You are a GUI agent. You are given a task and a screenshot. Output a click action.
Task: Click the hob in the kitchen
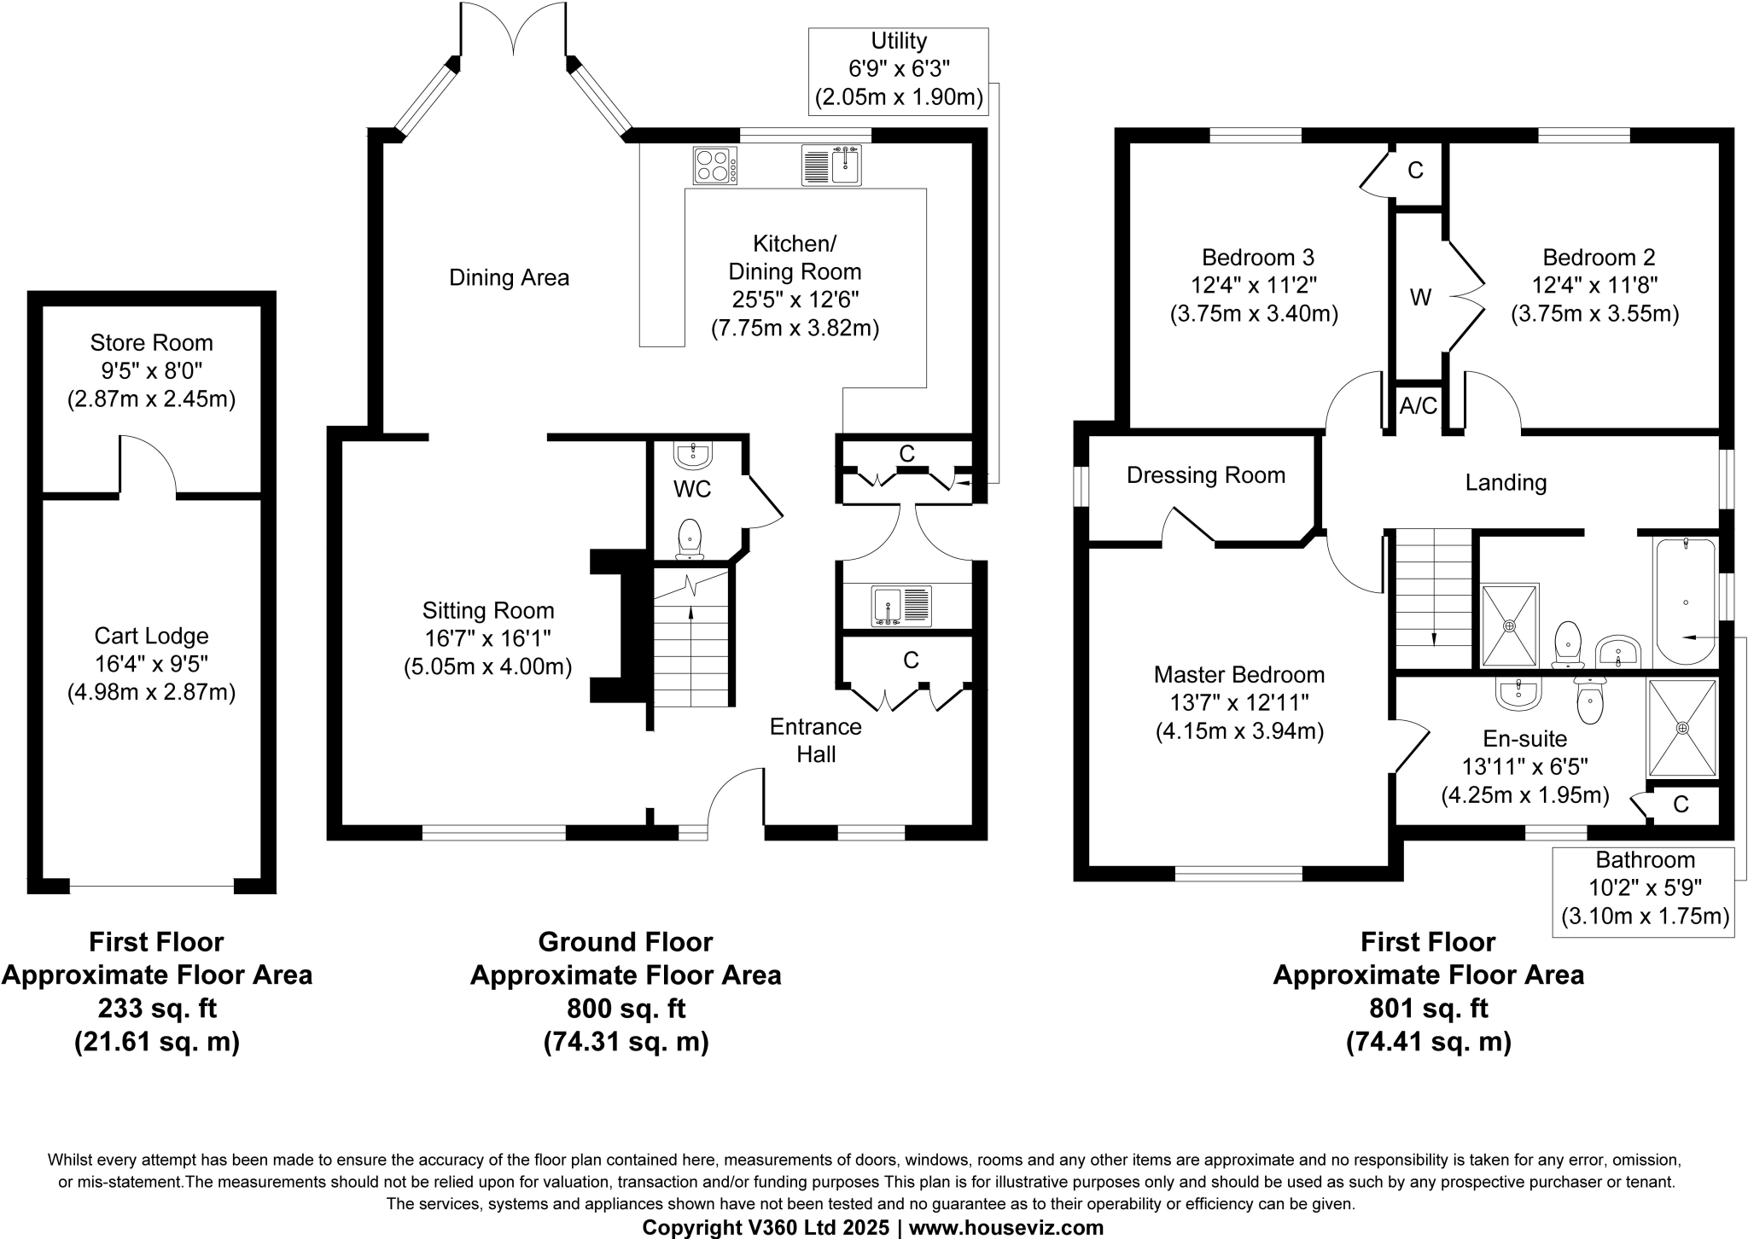[x=715, y=166]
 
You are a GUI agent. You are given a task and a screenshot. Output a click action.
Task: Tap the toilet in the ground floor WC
[x=690, y=540]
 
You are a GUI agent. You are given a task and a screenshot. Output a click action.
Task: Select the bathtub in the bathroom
[x=1685, y=602]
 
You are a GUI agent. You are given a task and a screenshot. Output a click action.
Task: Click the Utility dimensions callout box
[x=898, y=70]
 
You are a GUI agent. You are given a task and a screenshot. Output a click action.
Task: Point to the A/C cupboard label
[x=1418, y=406]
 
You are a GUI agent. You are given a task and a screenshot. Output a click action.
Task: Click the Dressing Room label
[x=1205, y=475]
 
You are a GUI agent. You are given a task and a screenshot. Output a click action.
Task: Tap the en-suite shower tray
[x=1681, y=728]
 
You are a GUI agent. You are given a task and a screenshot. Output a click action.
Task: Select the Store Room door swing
[x=148, y=465]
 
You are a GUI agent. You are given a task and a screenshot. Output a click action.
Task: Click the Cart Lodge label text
[x=151, y=636]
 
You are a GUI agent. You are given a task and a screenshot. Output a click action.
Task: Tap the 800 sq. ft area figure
[x=626, y=1009]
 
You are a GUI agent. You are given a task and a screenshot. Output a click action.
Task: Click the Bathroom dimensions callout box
[x=1644, y=891]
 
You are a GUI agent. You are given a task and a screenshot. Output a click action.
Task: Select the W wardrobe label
[x=1419, y=298]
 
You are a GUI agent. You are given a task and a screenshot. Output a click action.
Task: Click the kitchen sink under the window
[x=831, y=166]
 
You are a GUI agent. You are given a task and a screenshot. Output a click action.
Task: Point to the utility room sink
[x=901, y=607]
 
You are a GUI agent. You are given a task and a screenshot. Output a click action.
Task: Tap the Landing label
[x=1505, y=483]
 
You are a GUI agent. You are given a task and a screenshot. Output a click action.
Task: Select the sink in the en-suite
[x=1518, y=694]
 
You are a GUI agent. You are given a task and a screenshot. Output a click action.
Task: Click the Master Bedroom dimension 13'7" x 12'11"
[x=1238, y=703]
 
